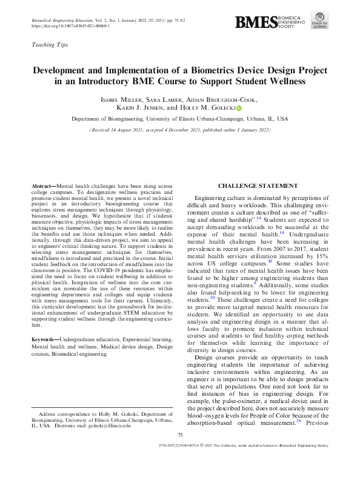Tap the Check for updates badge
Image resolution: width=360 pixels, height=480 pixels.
tap(320, 20)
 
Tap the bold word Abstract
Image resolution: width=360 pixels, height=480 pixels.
tap(42, 185)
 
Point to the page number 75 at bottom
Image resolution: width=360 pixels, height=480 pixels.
tap(179, 452)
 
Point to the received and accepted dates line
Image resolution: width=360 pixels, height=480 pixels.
tap(179, 130)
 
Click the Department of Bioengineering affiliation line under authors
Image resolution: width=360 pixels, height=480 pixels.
tap(179, 119)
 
